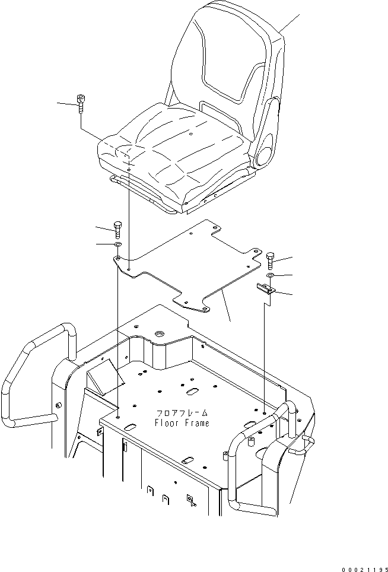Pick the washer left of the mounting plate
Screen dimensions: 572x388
point(117,244)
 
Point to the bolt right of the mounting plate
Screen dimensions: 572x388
point(271,259)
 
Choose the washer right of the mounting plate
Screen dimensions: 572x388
point(271,276)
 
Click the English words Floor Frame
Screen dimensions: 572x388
point(182,423)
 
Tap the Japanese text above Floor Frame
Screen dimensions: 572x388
point(182,413)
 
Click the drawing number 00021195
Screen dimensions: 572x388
point(362,564)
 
